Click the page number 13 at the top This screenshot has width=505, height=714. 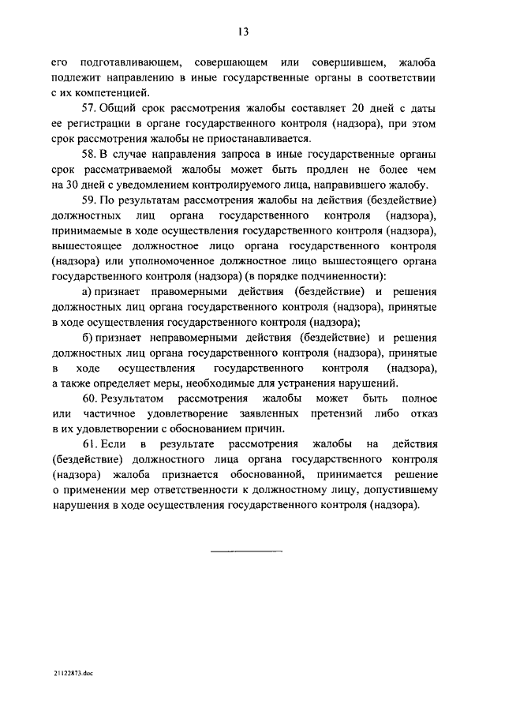click(x=244, y=32)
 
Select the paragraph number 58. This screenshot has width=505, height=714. click(x=89, y=156)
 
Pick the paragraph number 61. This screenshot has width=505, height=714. click(x=89, y=446)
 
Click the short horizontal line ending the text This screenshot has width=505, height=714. click(x=245, y=550)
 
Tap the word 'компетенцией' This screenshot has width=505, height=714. click(x=114, y=93)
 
